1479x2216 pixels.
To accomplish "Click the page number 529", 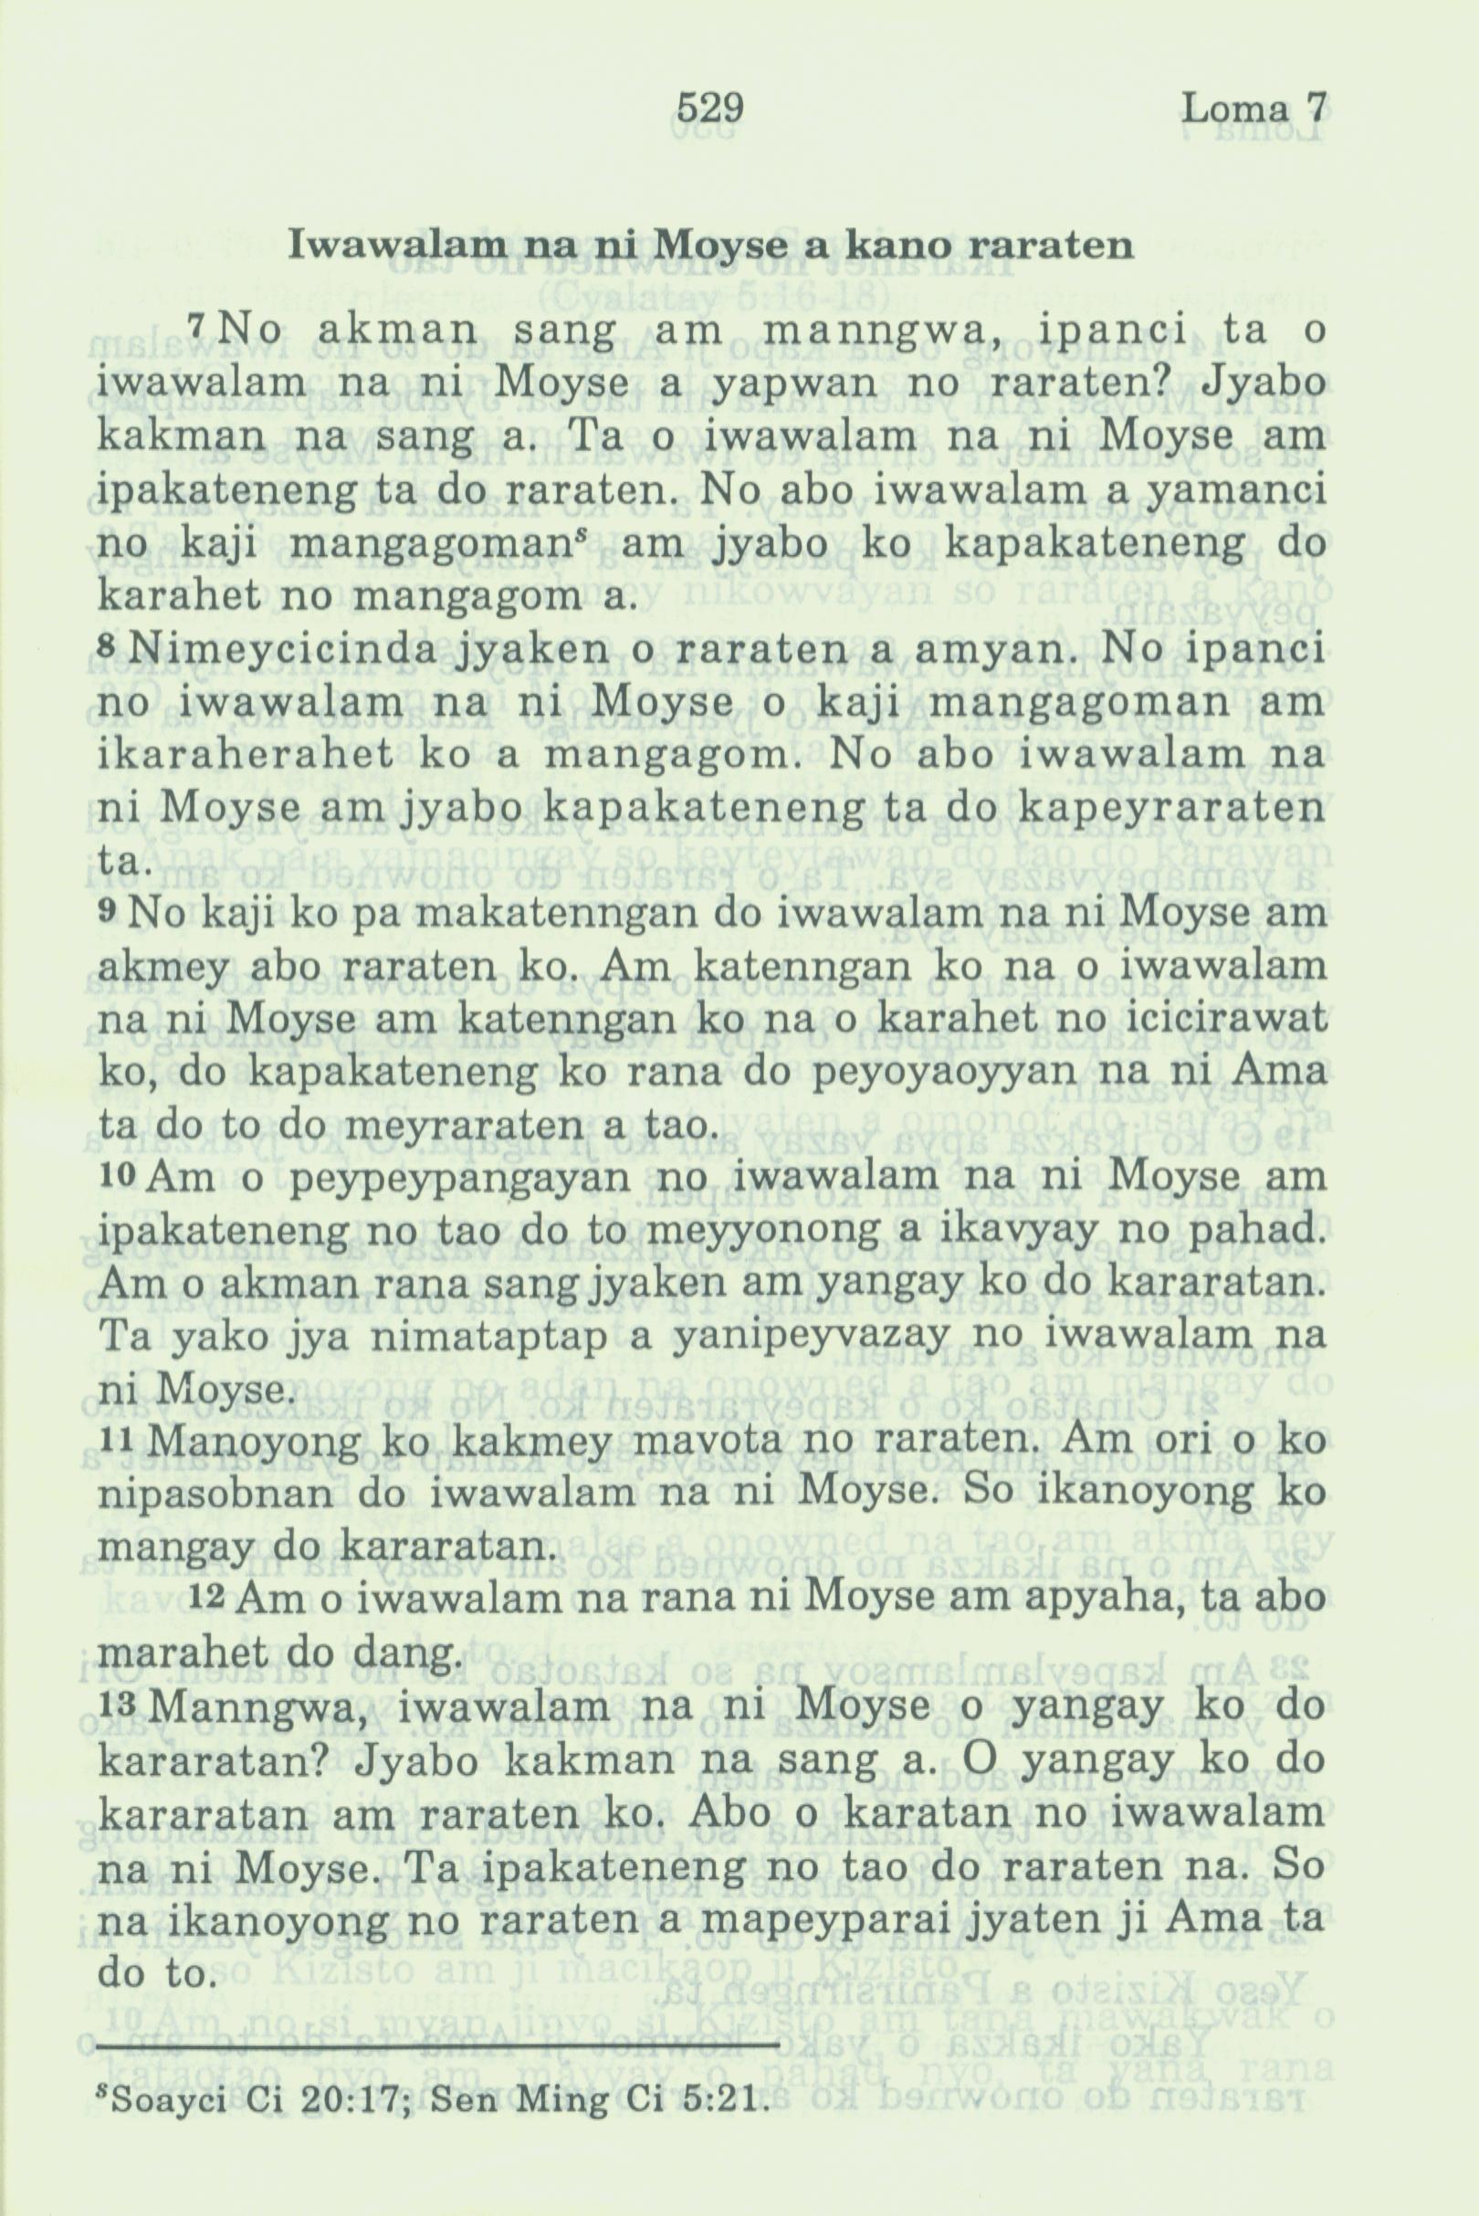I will click(x=711, y=110).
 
